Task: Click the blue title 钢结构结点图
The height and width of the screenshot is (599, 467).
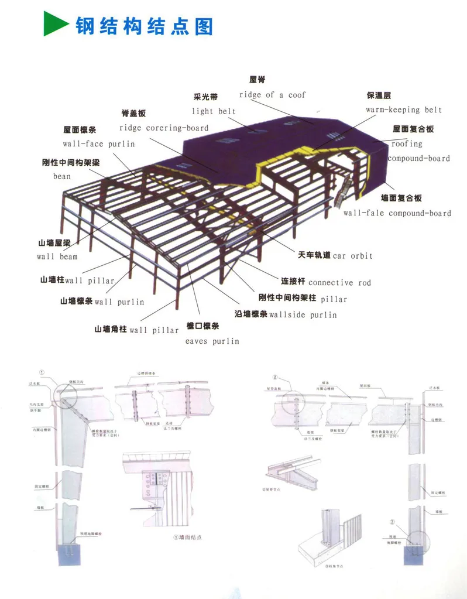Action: click(144, 26)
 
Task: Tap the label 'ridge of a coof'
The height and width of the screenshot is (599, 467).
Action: click(272, 95)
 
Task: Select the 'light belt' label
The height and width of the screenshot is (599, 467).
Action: click(214, 111)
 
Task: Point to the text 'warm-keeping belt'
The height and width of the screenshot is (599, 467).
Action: click(404, 110)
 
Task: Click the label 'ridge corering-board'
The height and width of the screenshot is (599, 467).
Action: click(164, 128)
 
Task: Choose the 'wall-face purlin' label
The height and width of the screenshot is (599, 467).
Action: click(99, 143)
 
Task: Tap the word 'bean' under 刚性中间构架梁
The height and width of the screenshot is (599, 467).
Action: click(61, 176)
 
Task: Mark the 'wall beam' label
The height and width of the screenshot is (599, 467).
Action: click(57, 256)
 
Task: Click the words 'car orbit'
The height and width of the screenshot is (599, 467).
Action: click(353, 256)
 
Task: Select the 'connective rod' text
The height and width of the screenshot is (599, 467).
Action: click(339, 283)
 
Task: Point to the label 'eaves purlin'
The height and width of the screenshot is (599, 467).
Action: click(212, 341)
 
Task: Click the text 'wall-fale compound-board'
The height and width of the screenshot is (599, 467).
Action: click(397, 213)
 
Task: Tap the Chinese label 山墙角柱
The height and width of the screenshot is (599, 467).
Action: click(111, 329)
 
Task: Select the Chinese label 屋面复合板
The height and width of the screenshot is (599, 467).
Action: click(413, 129)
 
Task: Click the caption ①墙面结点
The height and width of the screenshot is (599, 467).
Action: click(188, 537)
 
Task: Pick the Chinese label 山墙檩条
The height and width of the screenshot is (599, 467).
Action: click(76, 301)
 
